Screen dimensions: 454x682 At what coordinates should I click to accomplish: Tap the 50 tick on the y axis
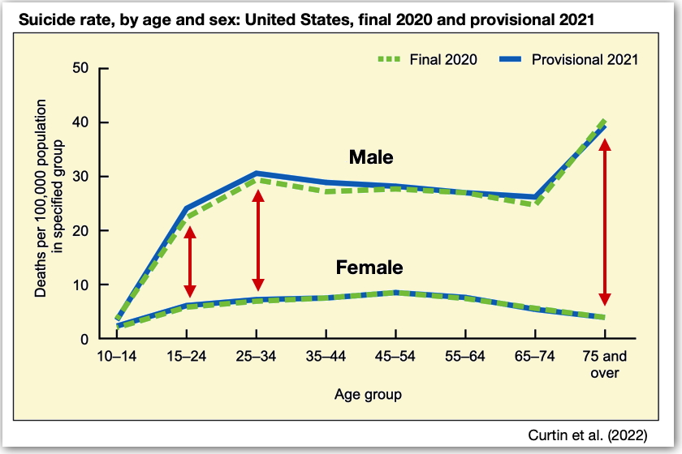point(80,68)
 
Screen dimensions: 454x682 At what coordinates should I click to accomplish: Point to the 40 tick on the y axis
point(80,122)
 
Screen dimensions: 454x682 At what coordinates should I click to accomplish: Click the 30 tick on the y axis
point(80,177)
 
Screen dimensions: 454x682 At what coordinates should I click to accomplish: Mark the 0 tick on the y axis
point(84,339)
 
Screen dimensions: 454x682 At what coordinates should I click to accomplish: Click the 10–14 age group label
point(117,357)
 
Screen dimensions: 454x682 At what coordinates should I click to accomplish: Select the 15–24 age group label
point(187,357)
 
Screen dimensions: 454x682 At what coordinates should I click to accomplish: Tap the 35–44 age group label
point(326,357)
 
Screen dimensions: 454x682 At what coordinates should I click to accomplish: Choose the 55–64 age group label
point(465,357)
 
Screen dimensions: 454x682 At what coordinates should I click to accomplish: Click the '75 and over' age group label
point(604,365)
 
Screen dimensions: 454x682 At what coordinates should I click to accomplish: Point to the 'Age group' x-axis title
point(368,395)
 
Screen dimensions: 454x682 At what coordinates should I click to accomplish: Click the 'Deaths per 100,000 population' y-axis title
point(49,203)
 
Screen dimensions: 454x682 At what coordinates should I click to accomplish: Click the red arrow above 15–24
point(189,261)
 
